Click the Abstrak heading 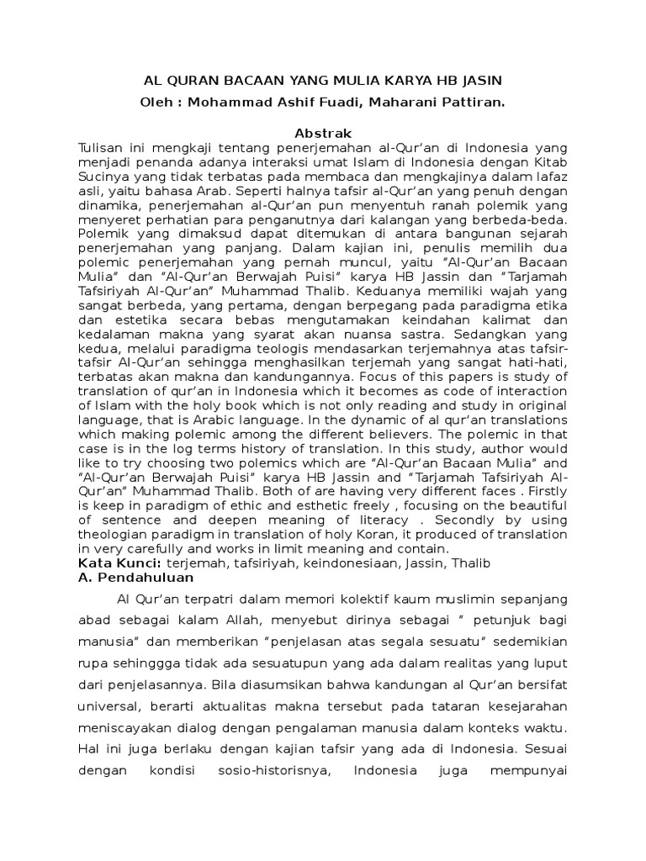click(x=323, y=133)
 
